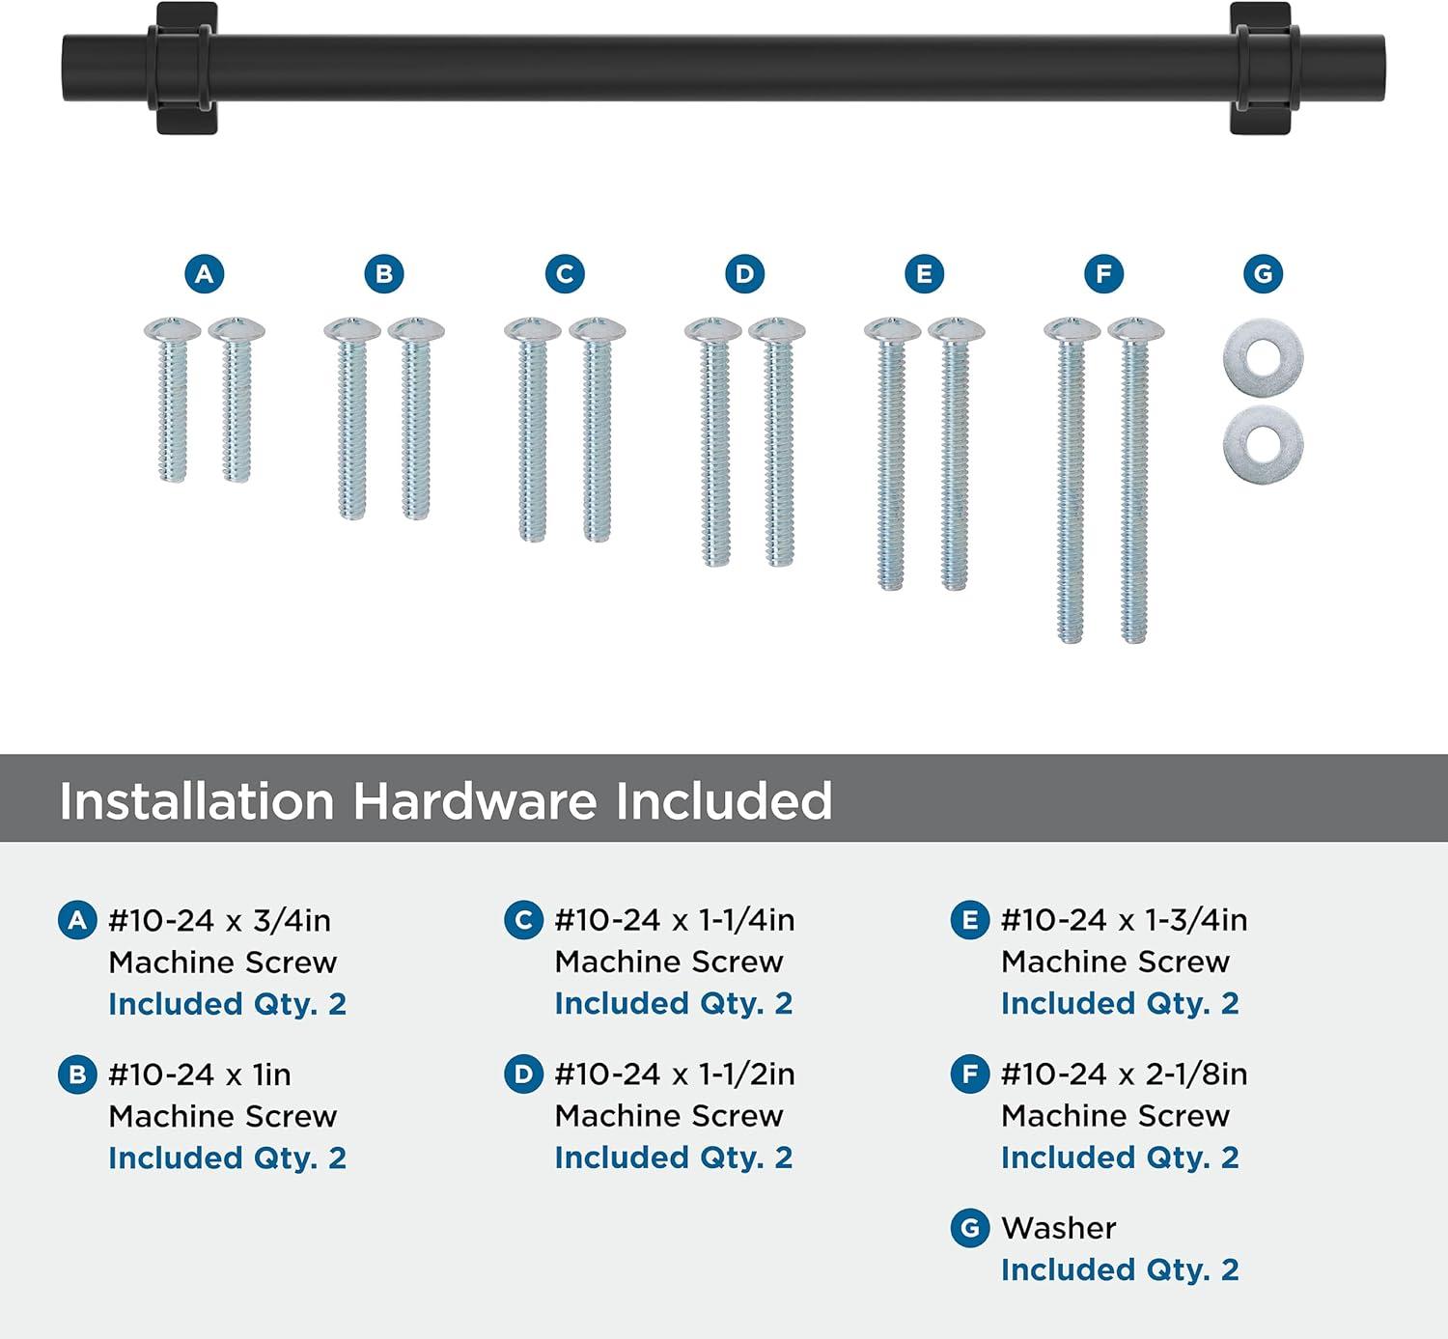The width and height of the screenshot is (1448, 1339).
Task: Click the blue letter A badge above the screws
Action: [204, 274]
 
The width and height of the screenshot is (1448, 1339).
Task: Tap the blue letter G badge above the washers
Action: [1263, 274]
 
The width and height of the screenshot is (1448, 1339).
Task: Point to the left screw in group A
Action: [173, 400]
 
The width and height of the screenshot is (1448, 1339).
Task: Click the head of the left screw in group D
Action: [712, 330]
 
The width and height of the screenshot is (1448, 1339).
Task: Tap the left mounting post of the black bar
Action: [181, 68]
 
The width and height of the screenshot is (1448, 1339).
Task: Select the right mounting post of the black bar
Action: [1264, 68]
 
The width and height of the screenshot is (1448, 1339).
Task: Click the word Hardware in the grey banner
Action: [475, 801]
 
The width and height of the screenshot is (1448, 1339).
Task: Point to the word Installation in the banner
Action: [197, 801]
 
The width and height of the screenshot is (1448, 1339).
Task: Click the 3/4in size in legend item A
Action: [292, 921]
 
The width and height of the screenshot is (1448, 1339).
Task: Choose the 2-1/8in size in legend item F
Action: [1196, 1074]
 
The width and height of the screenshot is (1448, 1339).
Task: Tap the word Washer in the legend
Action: [1059, 1229]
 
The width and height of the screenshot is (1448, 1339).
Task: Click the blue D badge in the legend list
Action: [523, 1074]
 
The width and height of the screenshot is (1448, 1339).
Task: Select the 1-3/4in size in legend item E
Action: [1196, 920]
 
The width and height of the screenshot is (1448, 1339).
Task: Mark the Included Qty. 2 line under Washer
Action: [1120, 1269]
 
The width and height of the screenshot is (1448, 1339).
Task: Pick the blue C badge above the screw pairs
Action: [565, 274]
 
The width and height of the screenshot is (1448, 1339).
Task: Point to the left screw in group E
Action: [892, 454]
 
